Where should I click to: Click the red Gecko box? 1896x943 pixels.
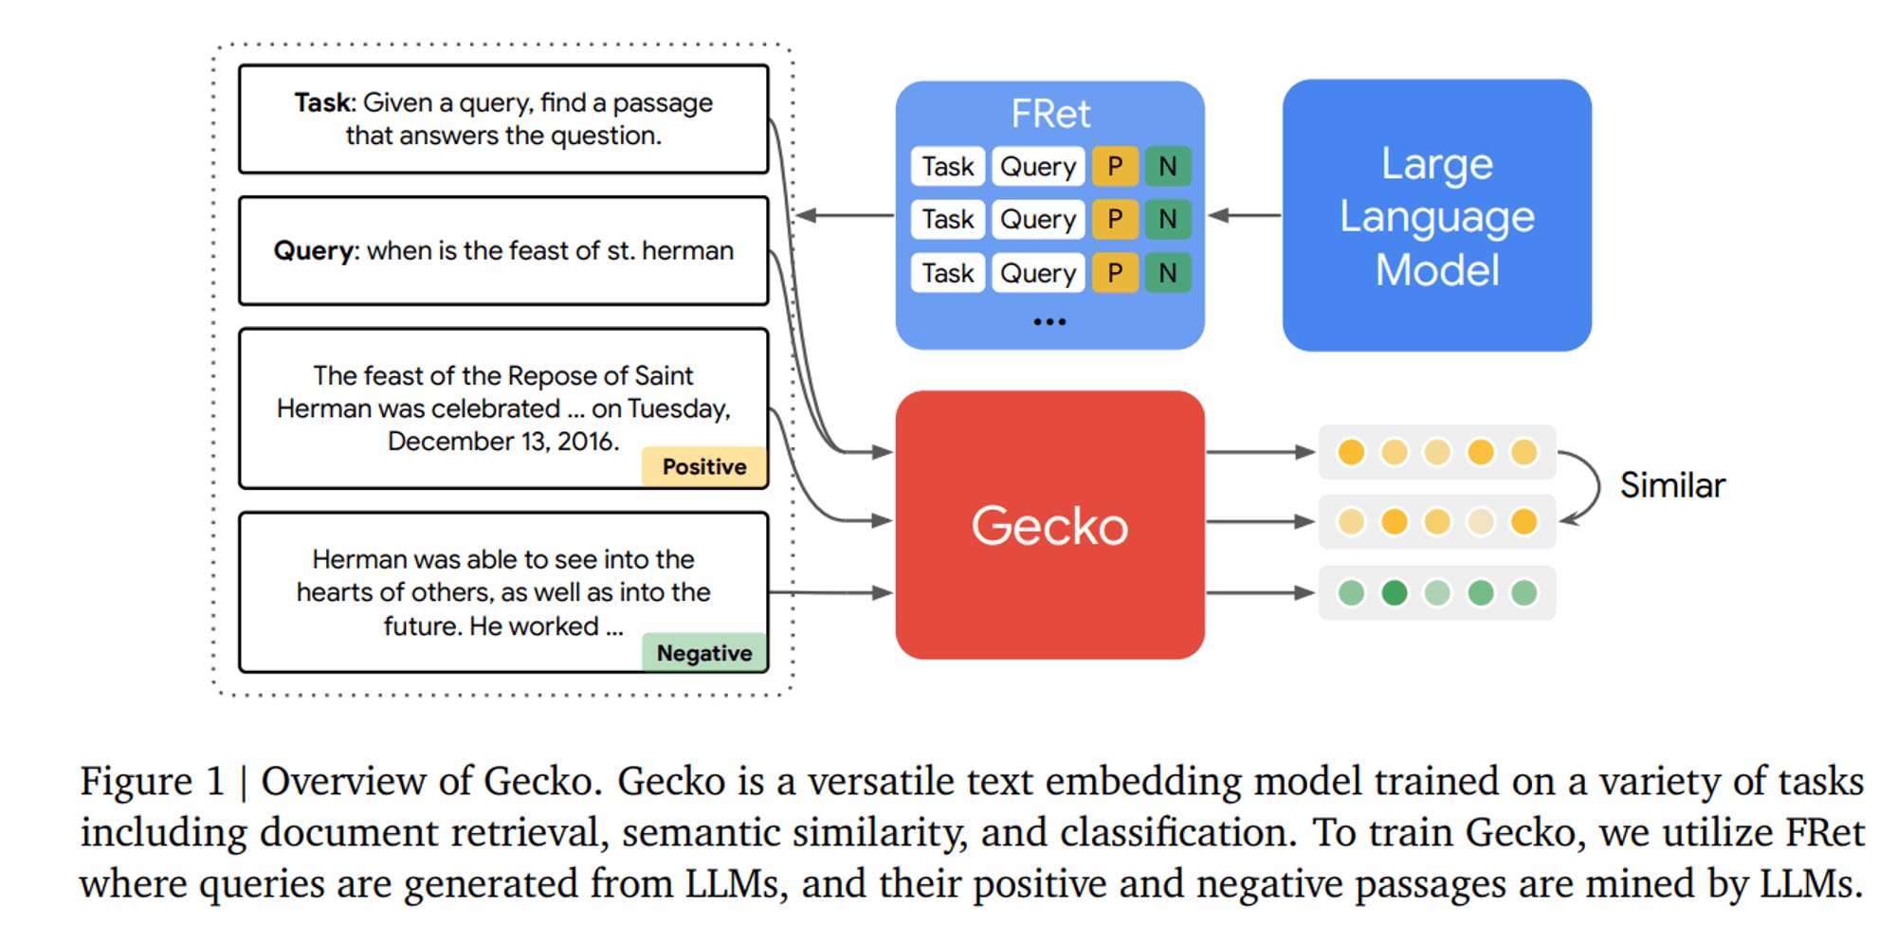pos(1049,525)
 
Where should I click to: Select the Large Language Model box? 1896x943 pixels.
pos(1436,215)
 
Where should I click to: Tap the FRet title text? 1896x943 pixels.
pos(1050,114)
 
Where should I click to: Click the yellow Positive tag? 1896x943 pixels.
pos(704,466)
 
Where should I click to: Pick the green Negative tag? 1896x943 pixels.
pos(704,653)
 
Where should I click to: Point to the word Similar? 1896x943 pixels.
pos(1672,485)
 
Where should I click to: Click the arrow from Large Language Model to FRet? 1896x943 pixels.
pos(1245,216)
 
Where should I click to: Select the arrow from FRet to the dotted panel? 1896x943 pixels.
pos(845,216)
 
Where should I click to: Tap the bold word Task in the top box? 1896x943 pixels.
pos(323,102)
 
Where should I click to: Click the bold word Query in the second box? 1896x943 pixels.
pos(313,251)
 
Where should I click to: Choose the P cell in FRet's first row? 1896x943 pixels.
pos(1115,167)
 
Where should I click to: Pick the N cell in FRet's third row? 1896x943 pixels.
pos(1168,273)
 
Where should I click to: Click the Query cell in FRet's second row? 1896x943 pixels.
pos(1038,220)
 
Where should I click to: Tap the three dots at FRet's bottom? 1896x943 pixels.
pos(1049,322)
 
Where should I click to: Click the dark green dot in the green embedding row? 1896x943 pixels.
pos(1395,593)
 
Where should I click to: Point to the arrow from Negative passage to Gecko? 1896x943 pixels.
pos(830,593)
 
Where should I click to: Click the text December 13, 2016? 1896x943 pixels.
pos(503,442)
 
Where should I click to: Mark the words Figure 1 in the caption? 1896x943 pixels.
pos(153,782)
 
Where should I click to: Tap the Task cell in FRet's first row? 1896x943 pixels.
pos(948,167)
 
